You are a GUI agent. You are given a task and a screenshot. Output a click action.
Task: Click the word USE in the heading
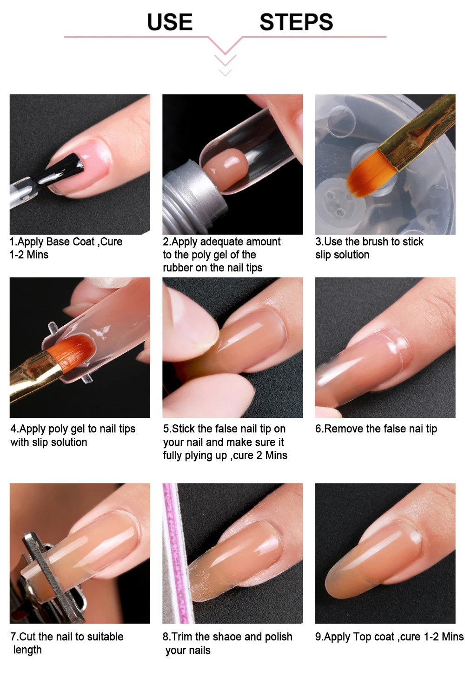170,22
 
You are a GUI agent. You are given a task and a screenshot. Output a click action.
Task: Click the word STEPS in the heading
296,22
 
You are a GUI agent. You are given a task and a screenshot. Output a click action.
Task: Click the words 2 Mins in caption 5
272,455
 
